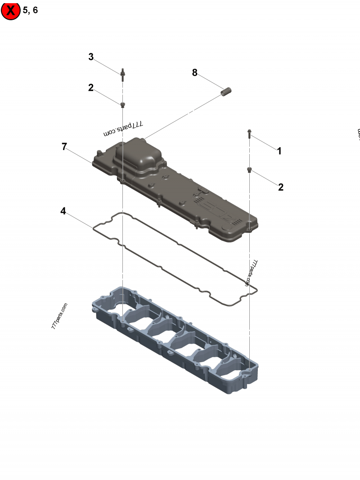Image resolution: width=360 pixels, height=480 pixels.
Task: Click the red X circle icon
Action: click(10, 10)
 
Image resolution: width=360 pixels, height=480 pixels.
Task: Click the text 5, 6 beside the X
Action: click(30, 10)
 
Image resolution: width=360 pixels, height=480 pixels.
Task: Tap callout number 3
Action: click(91, 57)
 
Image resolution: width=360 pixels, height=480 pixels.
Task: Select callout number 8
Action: click(195, 72)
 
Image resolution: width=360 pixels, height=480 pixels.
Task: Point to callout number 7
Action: click(64, 146)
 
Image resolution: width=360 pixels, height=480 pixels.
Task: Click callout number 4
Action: click(63, 211)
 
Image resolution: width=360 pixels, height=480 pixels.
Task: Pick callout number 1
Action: click(279, 151)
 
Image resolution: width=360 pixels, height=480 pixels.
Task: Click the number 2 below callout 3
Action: click(91, 88)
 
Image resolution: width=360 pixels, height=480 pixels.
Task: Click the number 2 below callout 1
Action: click(281, 187)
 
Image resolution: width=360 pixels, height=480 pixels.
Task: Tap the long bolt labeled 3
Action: click(122, 75)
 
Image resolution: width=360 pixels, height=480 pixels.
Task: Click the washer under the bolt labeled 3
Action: click(122, 105)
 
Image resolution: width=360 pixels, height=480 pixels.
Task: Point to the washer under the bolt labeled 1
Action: click(249, 170)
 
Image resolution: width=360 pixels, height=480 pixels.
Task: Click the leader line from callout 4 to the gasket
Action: click(81, 219)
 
